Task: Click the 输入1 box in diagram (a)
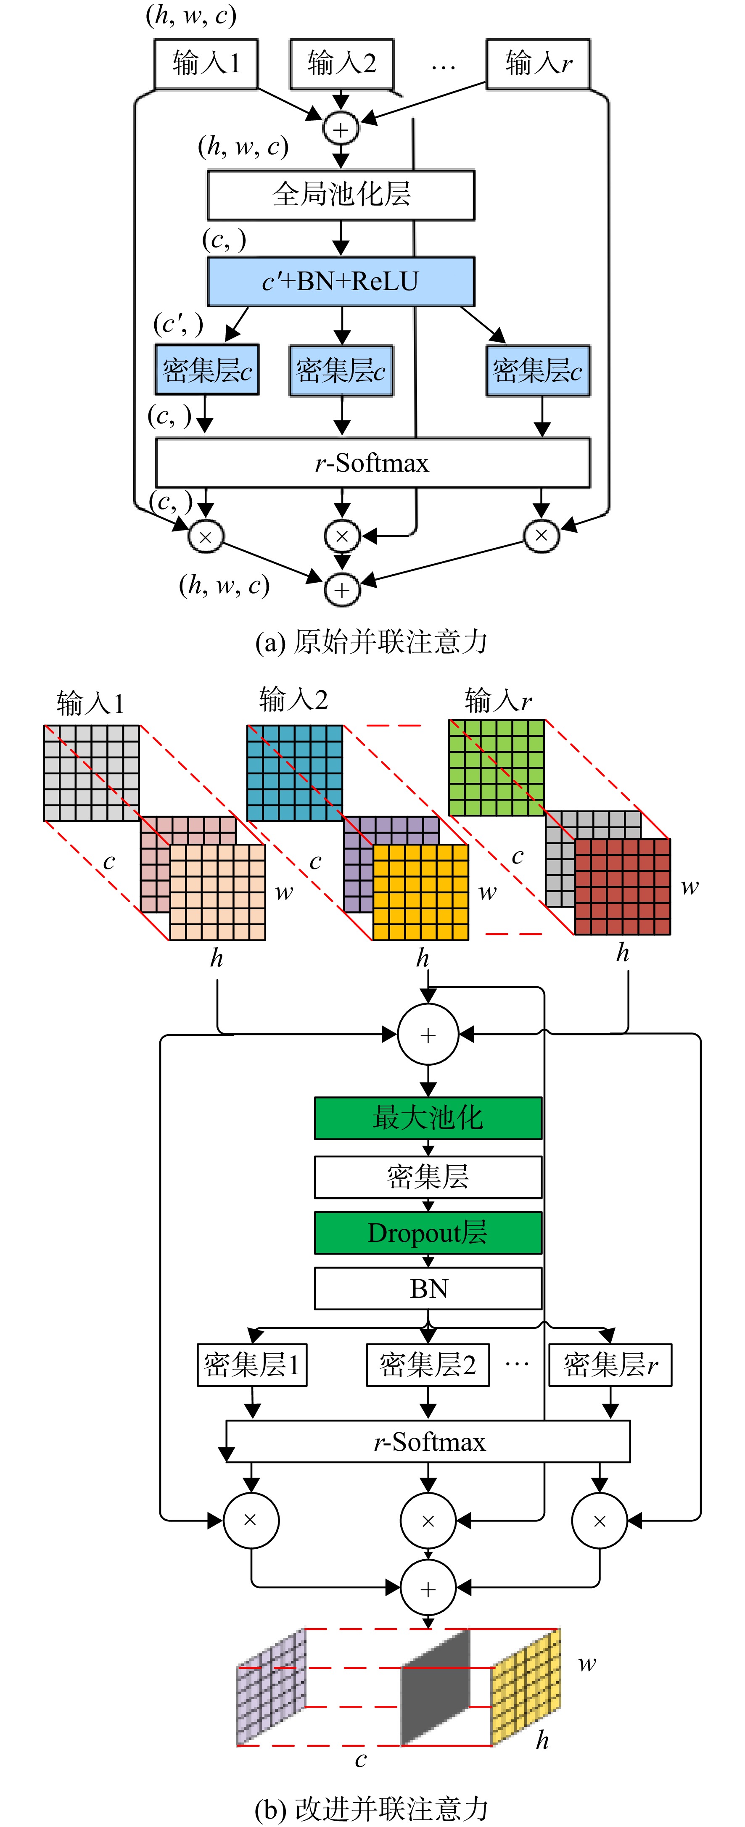(206, 64)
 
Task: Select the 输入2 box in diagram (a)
(341, 64)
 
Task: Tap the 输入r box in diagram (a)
(538, 64)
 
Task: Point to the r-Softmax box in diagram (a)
(372, 462)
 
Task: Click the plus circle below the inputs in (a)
(341, 129)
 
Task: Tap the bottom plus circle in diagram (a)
(342, 589)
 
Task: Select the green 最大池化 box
(428, 1118)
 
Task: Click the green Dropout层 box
(428, 1233)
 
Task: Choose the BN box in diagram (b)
(428, 1288)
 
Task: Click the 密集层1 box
(252, 1365)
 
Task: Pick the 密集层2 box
(428, 1365)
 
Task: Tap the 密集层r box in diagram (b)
(610, 1365)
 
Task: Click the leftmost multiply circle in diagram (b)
(251, 1520)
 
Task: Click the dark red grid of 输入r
(622, 887)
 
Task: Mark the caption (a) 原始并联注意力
(371, 642)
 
